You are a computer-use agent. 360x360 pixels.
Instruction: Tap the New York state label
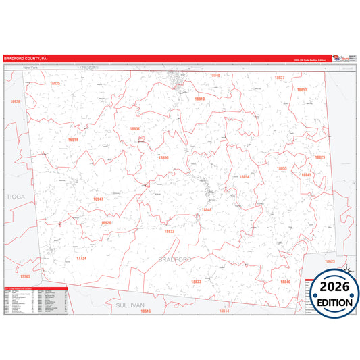coord(30,68)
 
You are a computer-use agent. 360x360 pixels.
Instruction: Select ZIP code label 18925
coord(55,83)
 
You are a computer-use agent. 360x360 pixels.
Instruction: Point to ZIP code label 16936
coord(16,101)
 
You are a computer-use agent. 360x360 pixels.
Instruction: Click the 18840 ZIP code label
coord(215,76)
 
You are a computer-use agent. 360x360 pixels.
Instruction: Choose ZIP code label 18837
coord(280,78)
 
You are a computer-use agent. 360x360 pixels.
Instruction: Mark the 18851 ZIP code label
coord(302,90)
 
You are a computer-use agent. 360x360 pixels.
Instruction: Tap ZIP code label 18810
coord(199,99)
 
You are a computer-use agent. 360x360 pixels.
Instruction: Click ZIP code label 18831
coord(135,128)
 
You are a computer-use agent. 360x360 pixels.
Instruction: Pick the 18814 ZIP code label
coord(73,140)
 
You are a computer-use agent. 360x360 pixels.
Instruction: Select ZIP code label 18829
coord(319,157)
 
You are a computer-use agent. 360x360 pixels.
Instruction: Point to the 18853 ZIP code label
coord(282,168)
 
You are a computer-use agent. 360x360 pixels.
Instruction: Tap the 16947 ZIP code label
coord(98,199)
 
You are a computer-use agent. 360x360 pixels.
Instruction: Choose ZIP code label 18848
coord(207,209)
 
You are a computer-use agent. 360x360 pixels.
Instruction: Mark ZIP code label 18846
coord(285,281)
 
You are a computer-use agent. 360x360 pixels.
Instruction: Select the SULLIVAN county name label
coord(130,305)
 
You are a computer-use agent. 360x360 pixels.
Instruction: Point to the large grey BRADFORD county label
coord(175,259)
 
